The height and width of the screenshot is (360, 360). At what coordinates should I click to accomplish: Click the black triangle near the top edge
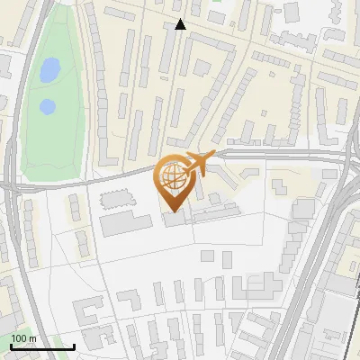point(181,24)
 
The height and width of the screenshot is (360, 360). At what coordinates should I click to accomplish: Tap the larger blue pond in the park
point(49,68)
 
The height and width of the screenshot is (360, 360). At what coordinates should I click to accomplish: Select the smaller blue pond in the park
point(47,107)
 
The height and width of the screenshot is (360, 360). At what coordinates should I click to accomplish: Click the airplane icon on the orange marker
point(199,163)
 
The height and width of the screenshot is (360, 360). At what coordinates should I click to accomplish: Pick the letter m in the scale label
point(32,338)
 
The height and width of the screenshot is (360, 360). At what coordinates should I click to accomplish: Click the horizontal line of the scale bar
point(41,346)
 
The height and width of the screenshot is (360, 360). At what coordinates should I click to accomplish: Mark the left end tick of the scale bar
point(10,345)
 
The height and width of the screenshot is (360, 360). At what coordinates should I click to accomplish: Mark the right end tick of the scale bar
point(74,345)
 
